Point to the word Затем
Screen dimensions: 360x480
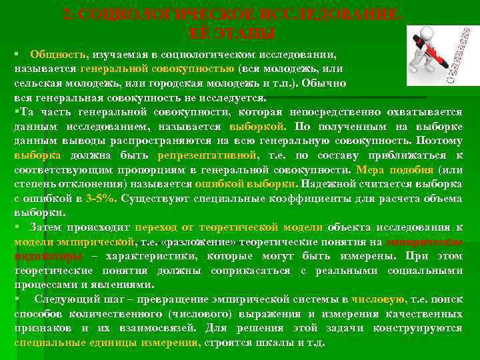tap(42, 227)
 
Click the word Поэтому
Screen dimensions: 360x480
tap(439, 141)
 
